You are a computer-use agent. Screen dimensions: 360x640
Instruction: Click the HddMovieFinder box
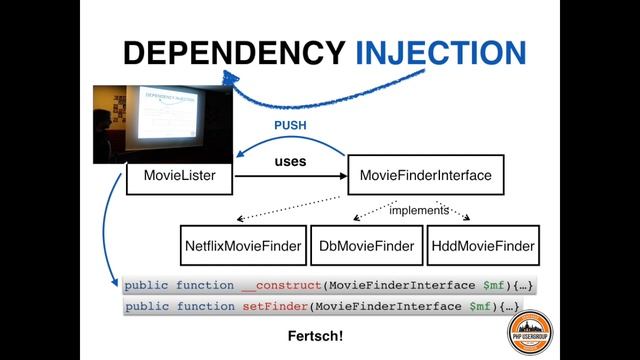481,245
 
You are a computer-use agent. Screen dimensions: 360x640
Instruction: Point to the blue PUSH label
290,126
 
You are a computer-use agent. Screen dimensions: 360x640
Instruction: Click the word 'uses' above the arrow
290,160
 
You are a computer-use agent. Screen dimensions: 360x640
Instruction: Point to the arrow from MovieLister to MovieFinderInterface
290,177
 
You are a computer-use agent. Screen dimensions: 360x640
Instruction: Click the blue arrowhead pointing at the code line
118,286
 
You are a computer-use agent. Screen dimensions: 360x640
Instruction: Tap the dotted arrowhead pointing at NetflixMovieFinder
240,219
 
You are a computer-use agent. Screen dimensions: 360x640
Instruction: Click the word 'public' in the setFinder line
147,307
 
